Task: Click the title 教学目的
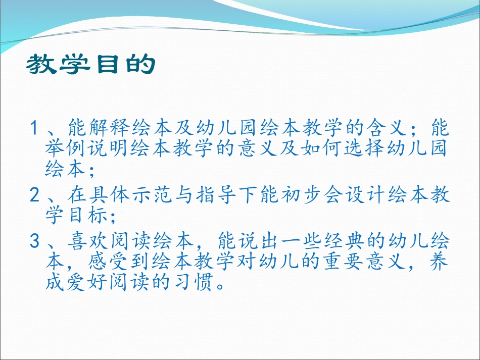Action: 89,65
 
